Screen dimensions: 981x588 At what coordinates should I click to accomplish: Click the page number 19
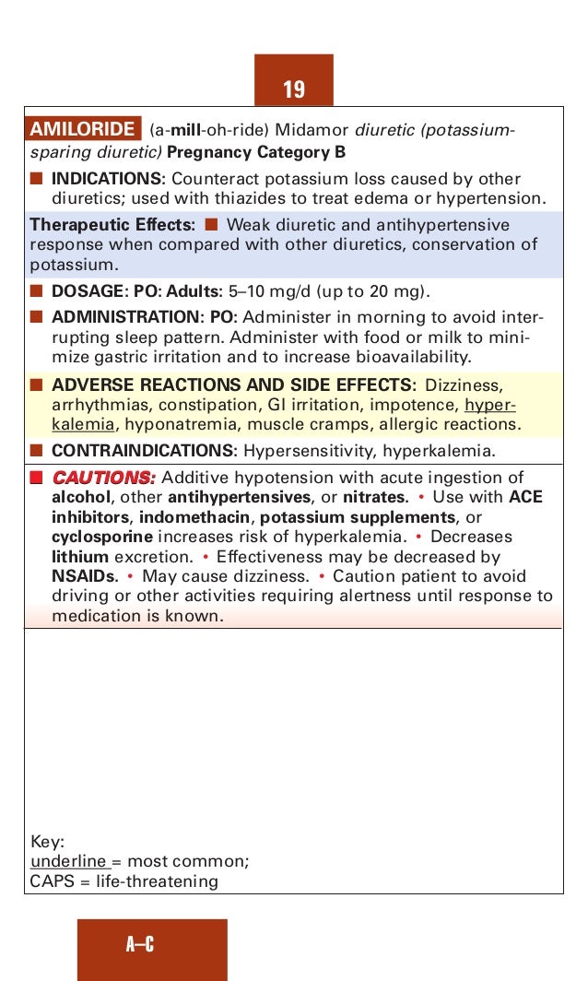tap(294, 89)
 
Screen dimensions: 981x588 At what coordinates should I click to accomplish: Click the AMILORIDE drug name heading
tap(83, 130)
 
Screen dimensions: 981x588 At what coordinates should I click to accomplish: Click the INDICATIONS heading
tap(107, 179)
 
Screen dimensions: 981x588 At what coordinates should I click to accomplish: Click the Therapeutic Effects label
tap(112, 225)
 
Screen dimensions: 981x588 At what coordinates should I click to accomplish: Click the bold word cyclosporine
tap(101, 537)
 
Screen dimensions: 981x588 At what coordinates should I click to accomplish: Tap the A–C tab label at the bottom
tap(140, 944)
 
